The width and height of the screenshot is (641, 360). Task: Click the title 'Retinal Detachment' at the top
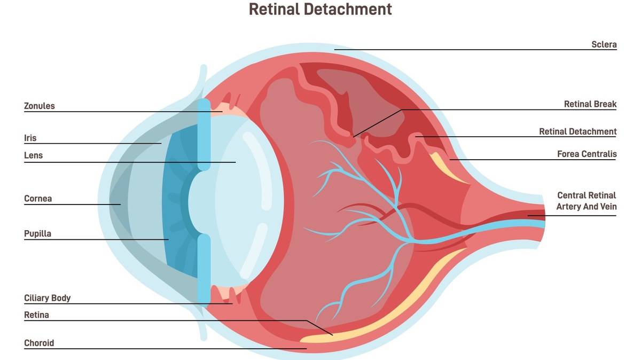tap(320, 9)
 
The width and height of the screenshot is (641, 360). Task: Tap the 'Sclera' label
tap(604, 44)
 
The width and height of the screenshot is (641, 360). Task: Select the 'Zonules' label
tap(40, 106)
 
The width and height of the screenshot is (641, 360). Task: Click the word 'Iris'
tap(30, 138)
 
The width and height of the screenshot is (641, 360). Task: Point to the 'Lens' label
tap(33, 155)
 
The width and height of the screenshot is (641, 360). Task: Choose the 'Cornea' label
tap(38, 199)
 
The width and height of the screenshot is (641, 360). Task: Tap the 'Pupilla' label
tap(37, 233)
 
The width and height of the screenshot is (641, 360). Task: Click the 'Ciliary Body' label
tap(47, 298)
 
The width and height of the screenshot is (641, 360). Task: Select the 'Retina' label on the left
tap(36, 315)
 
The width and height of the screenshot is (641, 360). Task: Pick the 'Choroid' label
tap(39, 343)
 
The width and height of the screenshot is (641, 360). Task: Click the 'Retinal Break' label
tap(590, 104)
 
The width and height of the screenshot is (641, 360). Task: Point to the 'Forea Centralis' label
tap(587, 154)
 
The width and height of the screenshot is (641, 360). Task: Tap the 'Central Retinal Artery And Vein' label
tap(587, 201)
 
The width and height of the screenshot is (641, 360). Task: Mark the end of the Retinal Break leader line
tap(354, 137)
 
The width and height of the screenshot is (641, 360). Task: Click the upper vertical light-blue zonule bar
tap(204, 134)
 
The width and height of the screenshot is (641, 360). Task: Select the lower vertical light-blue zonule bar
tap(204, 270)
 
